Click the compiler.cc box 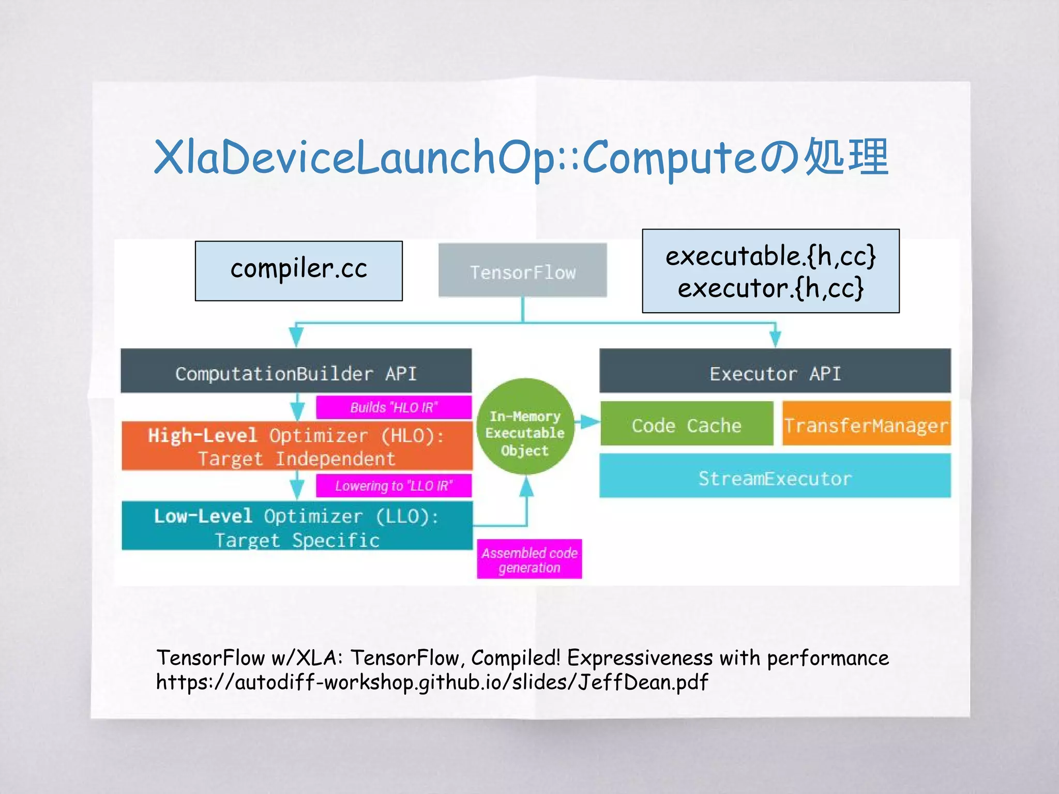point(298,270)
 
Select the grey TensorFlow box point(522,270)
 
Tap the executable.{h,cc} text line point(770,256)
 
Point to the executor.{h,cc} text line point(770,288)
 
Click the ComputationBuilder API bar point(296,372)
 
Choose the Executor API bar point(775,372)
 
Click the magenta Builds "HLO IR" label point(394,407)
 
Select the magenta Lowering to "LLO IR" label point(394,486)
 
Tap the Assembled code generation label point(529,560)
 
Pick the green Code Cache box point(686,424)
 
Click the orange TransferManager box point(866,424)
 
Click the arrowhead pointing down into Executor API point(775,339)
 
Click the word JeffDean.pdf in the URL point(642,682)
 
